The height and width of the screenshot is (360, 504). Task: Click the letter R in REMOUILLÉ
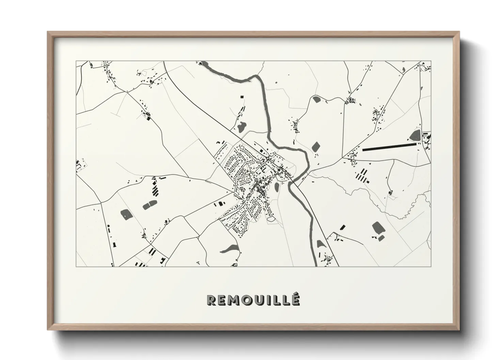tap(211, 300)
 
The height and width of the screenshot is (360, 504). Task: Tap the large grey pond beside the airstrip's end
tap(415, 135)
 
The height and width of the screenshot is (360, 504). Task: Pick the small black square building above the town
tap(242, 97)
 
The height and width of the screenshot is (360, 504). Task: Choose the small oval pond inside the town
tap(277, 186)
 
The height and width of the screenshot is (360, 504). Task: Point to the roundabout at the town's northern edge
tap(269, 159)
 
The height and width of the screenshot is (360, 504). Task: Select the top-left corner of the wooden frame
tap(48, 32)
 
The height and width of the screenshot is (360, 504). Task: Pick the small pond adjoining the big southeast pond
tap(381, 238)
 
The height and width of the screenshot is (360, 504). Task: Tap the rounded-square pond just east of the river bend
tap(316, 147)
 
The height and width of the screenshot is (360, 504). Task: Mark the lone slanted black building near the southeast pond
tap(343, 227)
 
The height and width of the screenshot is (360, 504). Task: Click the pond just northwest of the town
tap(241, 127)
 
